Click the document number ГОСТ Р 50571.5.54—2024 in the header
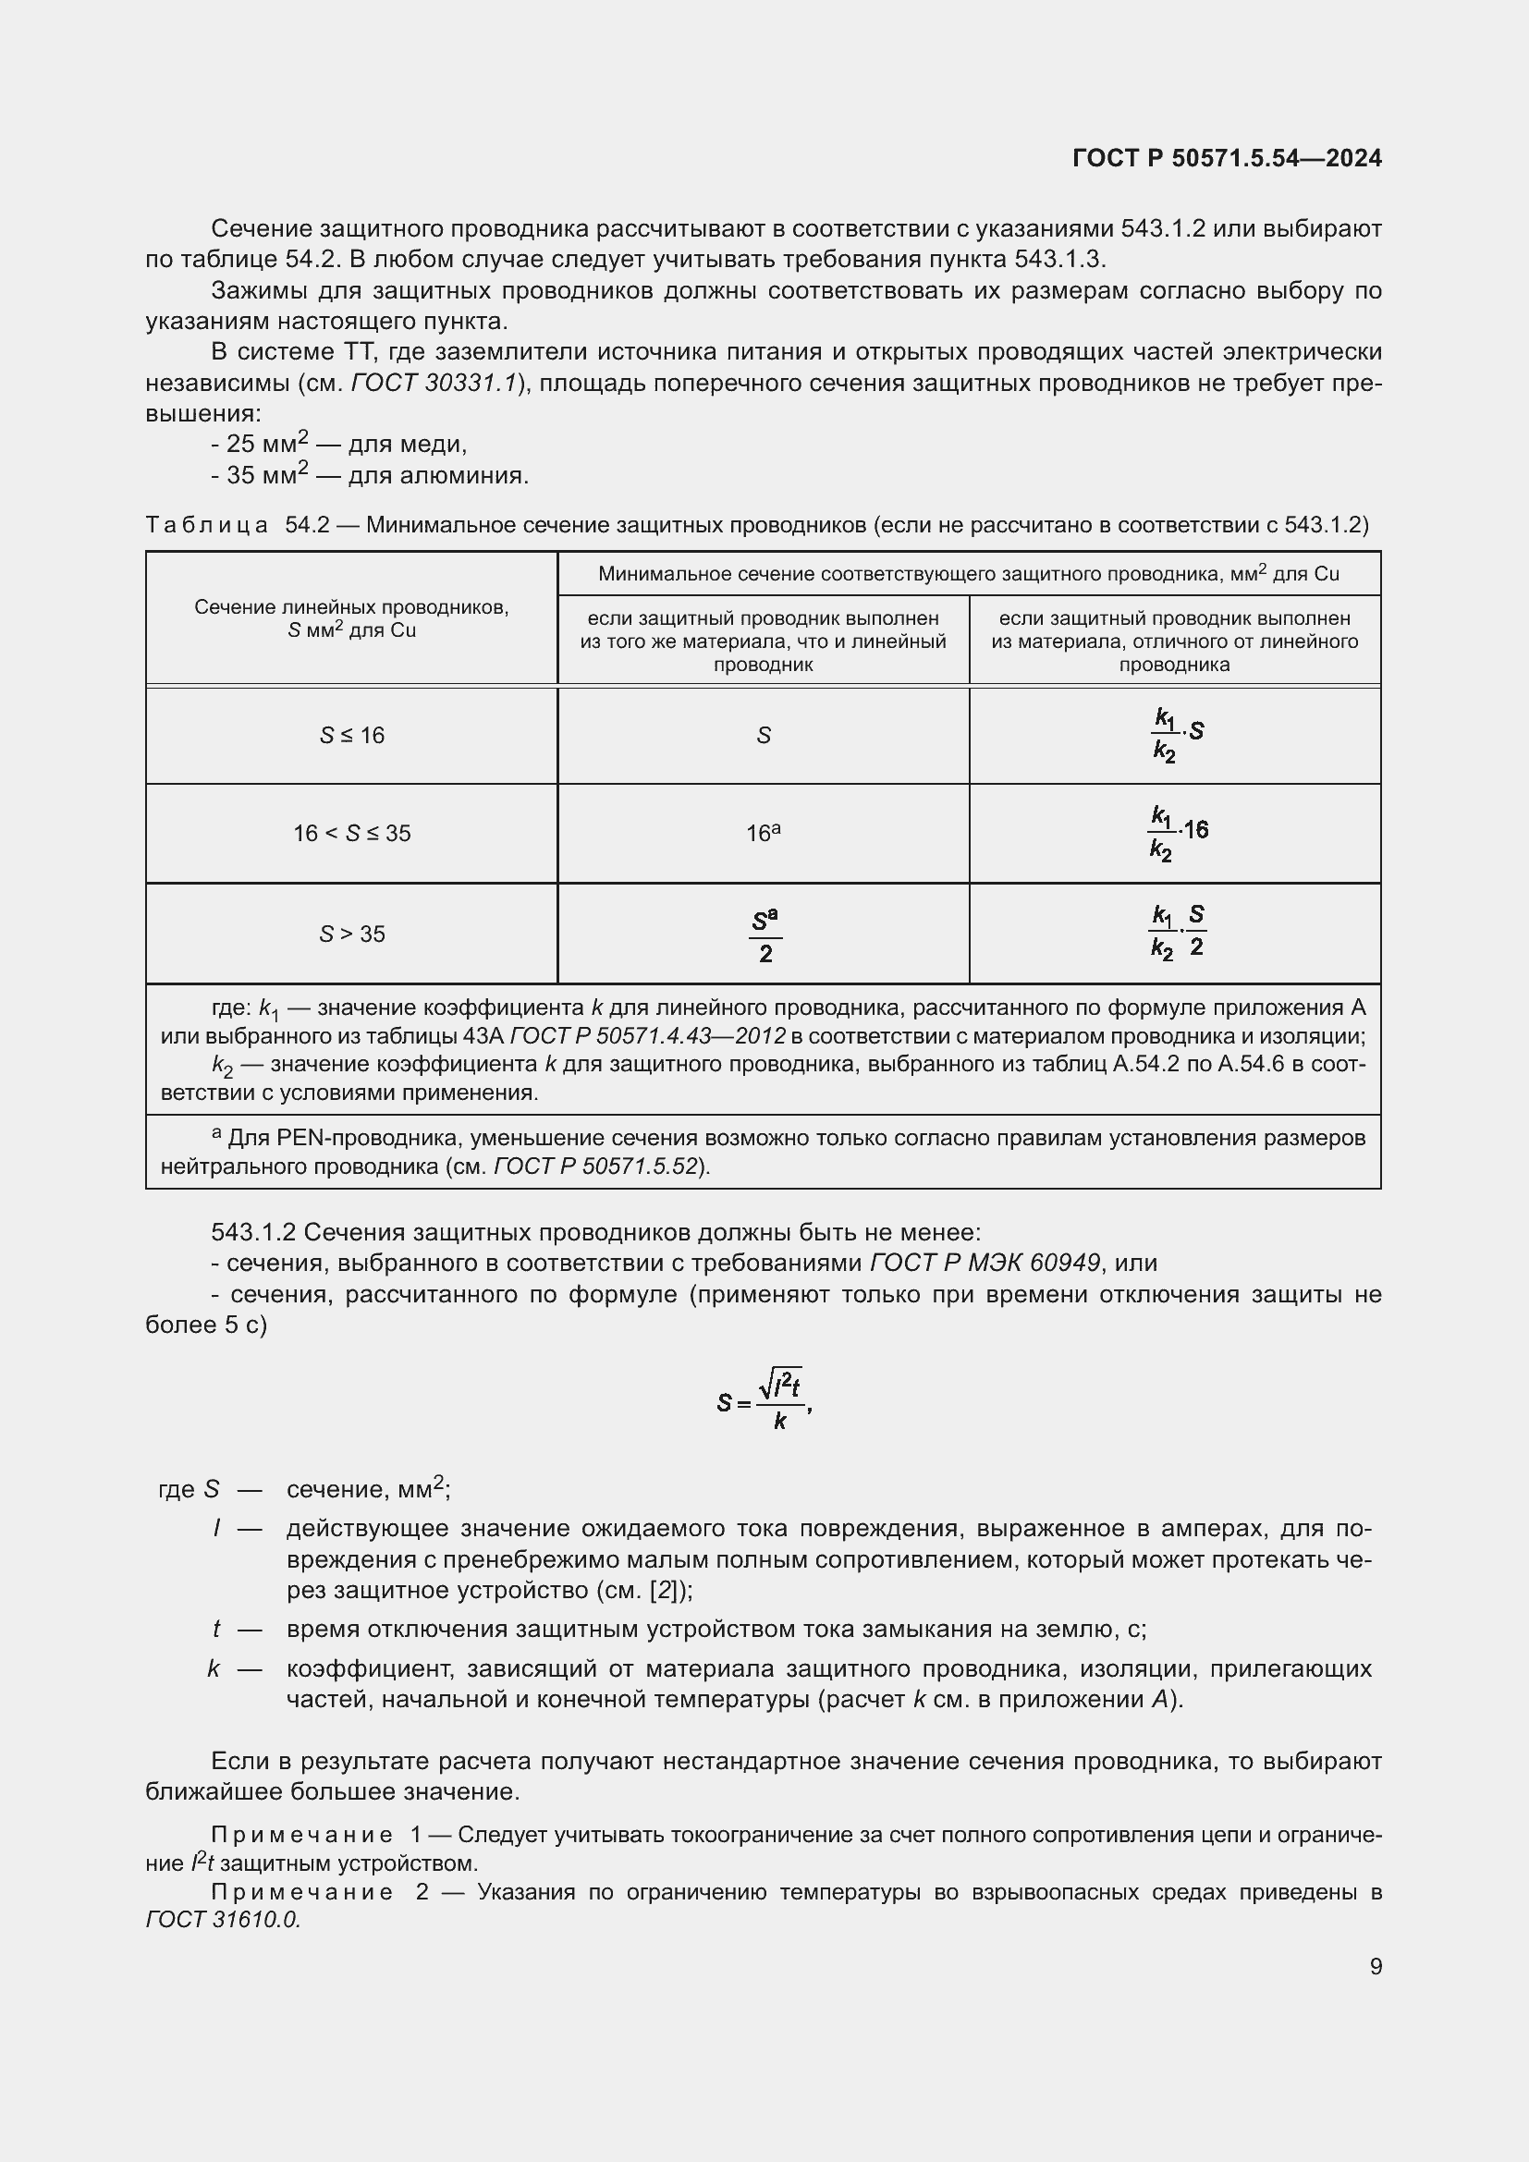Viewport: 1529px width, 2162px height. click(x=1227, y=158)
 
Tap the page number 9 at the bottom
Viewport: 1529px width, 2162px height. click(x=1376, y=1966)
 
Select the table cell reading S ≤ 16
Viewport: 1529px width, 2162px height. click(x=351, y=736)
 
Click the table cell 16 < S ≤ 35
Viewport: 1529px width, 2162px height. click(x=351, y=834)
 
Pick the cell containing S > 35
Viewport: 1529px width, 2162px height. click(x=351, y=934)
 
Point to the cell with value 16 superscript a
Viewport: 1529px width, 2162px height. click(x=763, y=834)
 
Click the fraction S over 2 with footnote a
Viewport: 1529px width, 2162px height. click(x=764, y=935)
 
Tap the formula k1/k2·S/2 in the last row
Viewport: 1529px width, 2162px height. click(x=1176, y=933)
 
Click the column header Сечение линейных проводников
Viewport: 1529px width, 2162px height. click(x=351, y=618)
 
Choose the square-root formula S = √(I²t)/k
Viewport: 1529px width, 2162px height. click(x=764, y=1402)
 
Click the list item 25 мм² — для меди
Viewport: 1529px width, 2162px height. click(x=339, y=445)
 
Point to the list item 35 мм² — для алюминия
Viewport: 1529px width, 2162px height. click(x=369, y=475)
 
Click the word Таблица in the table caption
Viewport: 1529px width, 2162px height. click(x=206, y=525)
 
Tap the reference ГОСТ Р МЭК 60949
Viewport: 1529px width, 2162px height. click(x=984, y=1263)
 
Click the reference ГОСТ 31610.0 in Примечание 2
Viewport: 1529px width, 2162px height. click(x=222, y=1920)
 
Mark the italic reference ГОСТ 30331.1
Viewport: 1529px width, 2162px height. click(x=434, y=384)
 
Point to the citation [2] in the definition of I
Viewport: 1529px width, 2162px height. click(x=666, y=1591)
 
